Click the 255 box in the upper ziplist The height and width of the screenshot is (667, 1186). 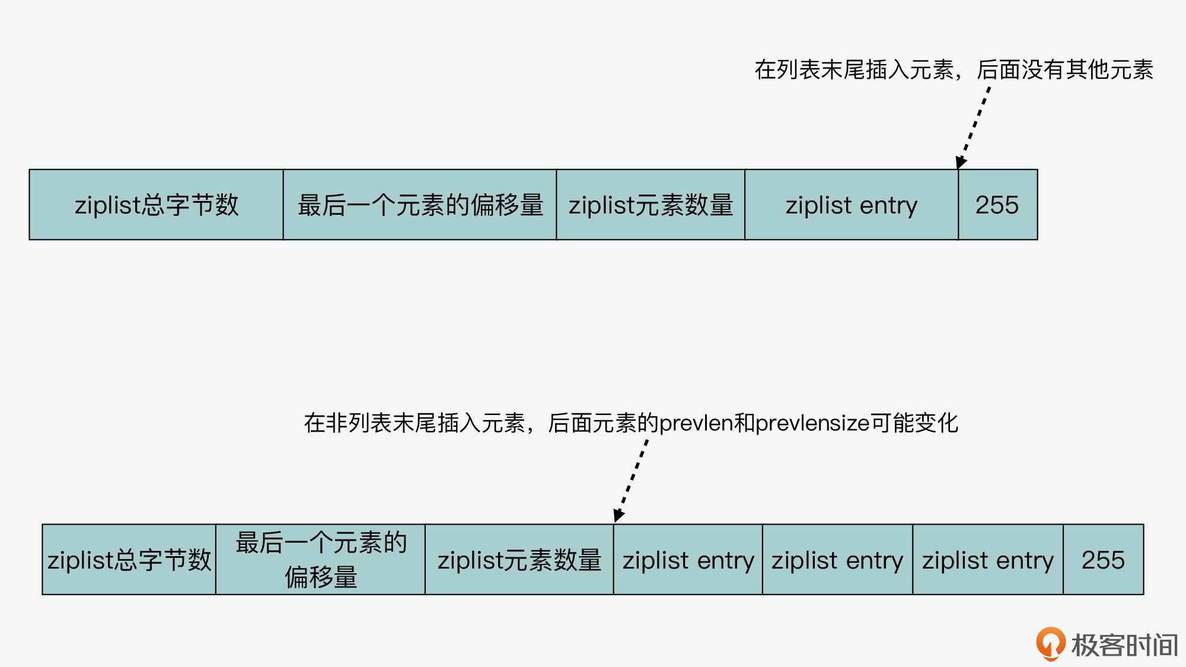click(997, 205)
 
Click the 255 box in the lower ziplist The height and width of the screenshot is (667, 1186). click(1103, 559)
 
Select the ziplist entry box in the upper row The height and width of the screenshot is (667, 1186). click(851, 205)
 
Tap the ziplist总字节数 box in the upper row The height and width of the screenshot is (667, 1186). click(156, 205)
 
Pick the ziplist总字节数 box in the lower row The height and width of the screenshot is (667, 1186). click(129, 559)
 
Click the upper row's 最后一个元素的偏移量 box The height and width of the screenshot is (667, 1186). click(420, 205)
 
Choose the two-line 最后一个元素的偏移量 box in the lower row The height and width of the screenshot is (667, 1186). click(320, 559)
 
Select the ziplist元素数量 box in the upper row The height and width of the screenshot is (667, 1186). click(651, 205)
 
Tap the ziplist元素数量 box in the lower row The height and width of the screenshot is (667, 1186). click(519, 559)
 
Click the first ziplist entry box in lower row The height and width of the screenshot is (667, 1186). click(688, 559)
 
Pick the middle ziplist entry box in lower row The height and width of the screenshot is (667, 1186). click(837, 559)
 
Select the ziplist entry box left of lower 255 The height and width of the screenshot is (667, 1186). click(987, 559)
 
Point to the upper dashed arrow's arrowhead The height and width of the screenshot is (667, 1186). click(961, 162)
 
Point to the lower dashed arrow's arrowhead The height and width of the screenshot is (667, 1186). click(618, 515)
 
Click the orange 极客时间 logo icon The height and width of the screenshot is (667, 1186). click(1050, 643)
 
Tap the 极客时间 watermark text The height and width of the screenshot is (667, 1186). click(1124, 645)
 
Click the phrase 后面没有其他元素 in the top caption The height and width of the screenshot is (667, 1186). click(1065, 70)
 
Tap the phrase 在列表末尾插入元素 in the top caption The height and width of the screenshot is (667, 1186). click(854, 70)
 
